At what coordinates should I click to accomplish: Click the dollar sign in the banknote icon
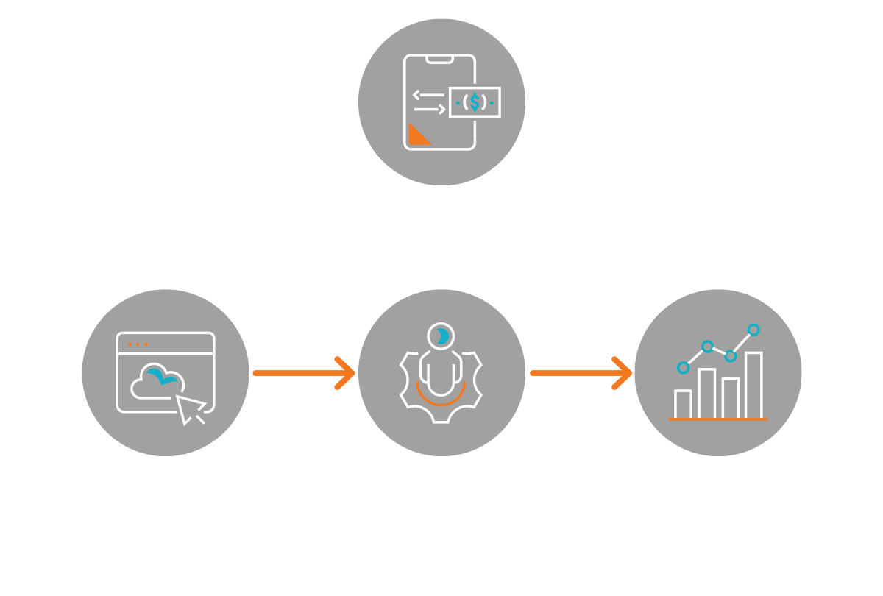pyautogui.click(x=475, y=102)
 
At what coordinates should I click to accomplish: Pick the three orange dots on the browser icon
pyautogui.click(x=138, y=344)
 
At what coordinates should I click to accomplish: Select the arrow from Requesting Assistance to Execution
pyautogui.click(x=303, y=373)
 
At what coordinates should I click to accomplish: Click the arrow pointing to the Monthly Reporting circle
pyautogui.click(x=581, y=373)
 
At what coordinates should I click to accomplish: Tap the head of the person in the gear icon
pyautogui.click(x=441, y=336)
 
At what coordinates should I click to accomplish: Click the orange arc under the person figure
pyautogui.click(x=441, y=397)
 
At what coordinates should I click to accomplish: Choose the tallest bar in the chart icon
pyautogui.click(x=753, y=385)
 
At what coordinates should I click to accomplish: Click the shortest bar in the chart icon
pyautogui.click(x=683, y=403)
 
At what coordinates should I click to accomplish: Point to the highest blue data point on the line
pyautogui.click(x=753, y=330)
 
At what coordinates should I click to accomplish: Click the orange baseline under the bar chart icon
pyautogui.click(x=718, y=419)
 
